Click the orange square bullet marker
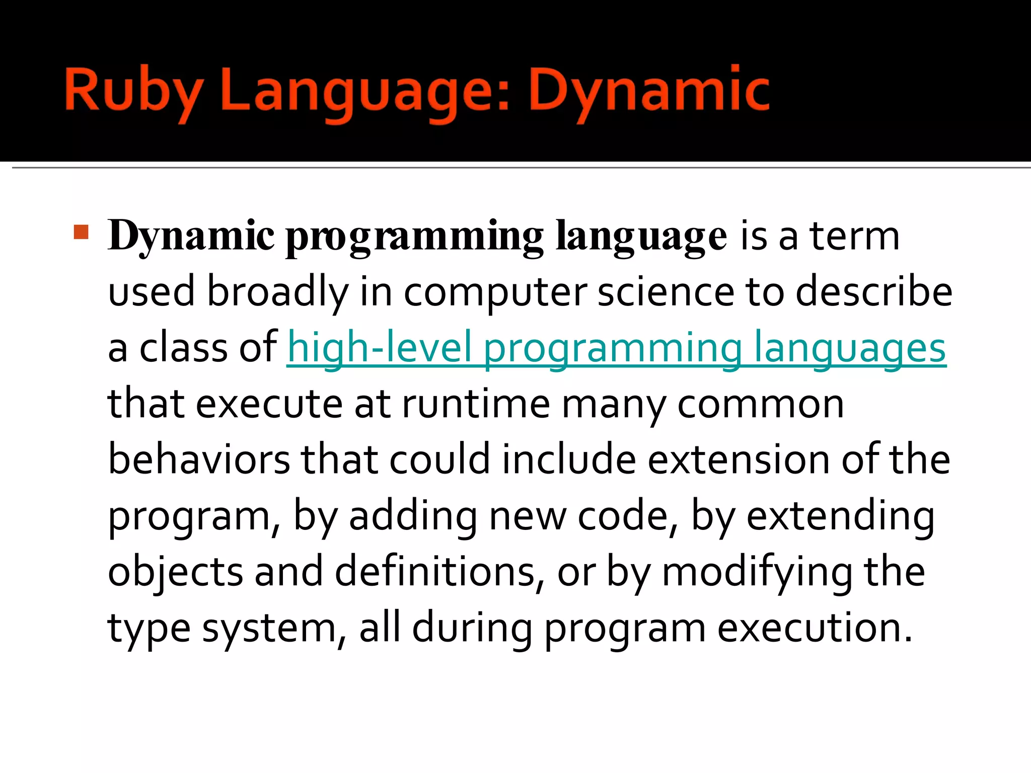pos(81,232)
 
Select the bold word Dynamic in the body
pos(191,236)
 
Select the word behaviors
pos(199,460)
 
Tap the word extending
pos(840,516)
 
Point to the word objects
pos(176,572)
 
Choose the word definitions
pos(435,572)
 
